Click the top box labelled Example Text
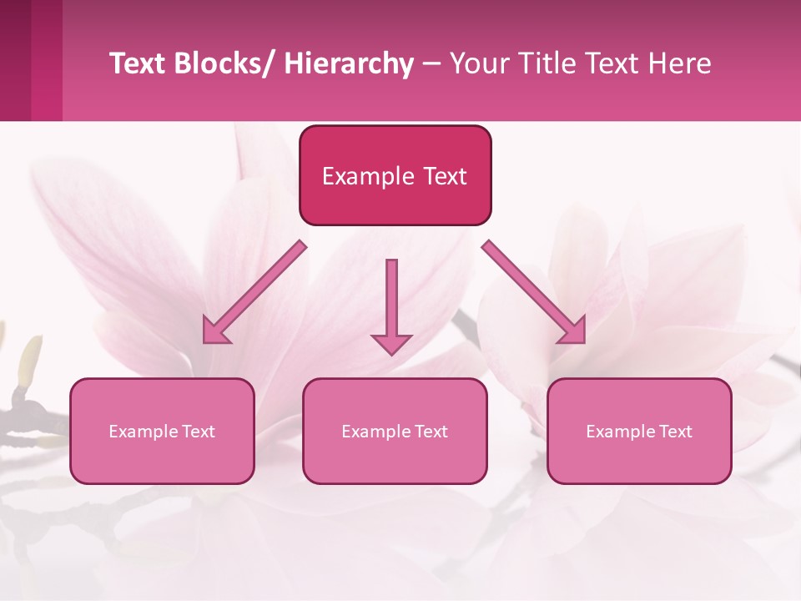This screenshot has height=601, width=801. pyautogui.click(x=395, y=175)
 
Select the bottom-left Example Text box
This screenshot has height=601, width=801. pyautogui.click(x=162, y=431)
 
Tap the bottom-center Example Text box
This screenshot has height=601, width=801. pyautogui.click(x=395, y=431)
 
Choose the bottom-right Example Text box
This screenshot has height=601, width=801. pyautogui.click(x=639, y=431)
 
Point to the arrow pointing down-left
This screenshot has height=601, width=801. pyautogui.click(x=254, y=292)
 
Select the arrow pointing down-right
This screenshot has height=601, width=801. pyautogui.click(x=534, y=292)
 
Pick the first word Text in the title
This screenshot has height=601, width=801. pyautogui.click(x=137, y=63)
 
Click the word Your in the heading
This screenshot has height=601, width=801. pyautogui.click(x=477, y=63)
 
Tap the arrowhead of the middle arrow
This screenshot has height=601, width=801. pyautogui.click(x=391, y=343)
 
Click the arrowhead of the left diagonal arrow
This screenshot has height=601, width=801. pyautogui.click(x=215, y=331)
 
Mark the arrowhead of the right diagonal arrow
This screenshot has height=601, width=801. pyautogui.click(x=573, y=331)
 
